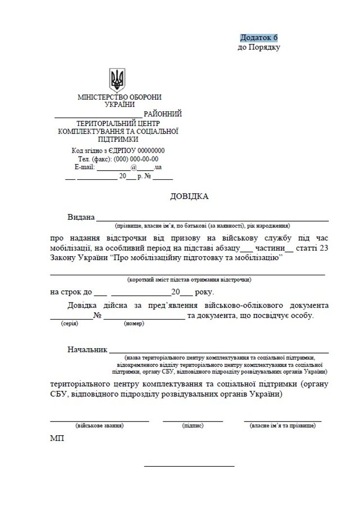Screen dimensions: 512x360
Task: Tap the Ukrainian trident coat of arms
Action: pos(118,80)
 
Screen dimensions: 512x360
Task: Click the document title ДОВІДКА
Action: pos(189,196)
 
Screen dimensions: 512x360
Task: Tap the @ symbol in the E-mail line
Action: pos(120,167)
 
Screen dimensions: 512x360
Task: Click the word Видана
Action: pos(81,217)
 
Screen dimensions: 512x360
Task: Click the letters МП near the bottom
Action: pos(56,438)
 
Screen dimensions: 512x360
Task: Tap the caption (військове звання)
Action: pos(100,425)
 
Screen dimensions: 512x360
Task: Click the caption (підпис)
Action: pos(193,425)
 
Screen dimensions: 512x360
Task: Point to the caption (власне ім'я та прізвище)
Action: pos(283,425)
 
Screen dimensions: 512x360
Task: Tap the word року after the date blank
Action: pos(203,293)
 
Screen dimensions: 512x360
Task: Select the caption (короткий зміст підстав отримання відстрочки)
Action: pos(189,280)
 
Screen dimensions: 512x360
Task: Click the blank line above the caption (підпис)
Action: pos(193,420)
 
